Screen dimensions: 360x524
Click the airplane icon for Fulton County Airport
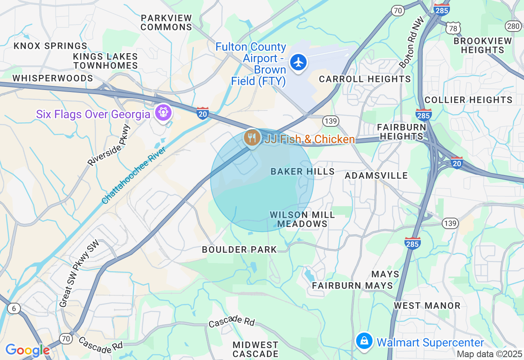(x=299, y=63)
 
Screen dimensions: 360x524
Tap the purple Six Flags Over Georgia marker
(x=163, y=112)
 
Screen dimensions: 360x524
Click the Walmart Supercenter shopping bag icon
(x=364, y=341)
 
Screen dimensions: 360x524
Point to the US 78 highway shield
(x=454, y=28)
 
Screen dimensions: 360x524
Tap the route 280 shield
(x=513, y=26)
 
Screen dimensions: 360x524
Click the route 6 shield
(x=14, y=308)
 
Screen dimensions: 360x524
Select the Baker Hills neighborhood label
(x=303, y=172)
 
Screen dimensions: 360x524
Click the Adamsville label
(x=376, y=175)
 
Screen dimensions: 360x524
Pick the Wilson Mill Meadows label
(x=303, y=219)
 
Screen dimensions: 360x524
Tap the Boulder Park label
(x=239, y=250)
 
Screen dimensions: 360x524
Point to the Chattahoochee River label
(x=133, y=176)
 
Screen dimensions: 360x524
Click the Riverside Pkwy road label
(x=109, y=145)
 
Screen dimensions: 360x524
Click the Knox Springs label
(x=50, y=46)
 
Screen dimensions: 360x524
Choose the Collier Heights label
(x=468, y=100)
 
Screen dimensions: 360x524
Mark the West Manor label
(x=427, y=306)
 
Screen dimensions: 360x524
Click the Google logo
(x=27, y=350)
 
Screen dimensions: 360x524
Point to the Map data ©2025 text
(x=489, y=354)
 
